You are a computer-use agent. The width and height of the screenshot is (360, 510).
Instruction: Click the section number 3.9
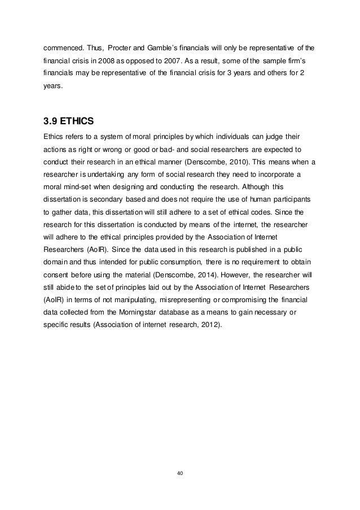coord(50,120)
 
